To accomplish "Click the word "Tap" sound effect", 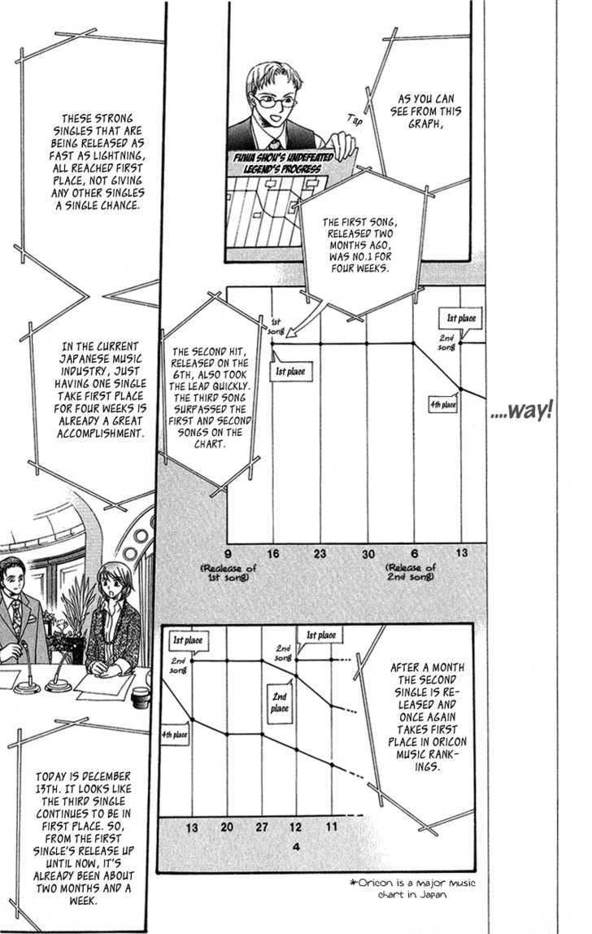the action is (x=355, y=120).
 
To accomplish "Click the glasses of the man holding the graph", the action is (x=275, y=101).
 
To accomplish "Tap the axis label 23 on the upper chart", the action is (x=320, y=553).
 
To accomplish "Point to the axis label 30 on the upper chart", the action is (x=368, y=554).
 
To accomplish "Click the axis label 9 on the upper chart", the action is (x=229, y=553).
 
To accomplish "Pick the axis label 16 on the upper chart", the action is (x=272, y=553).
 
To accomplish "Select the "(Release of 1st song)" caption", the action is (x=229, y=573).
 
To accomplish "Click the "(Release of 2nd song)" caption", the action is (x=411, y=573).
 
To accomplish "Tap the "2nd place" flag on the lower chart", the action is (x=280, y=702).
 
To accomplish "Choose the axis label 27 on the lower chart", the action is (x=262, y=827).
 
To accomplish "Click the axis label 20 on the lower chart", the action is (x=227, y=827).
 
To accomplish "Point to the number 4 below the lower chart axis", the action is (x=297, y=846).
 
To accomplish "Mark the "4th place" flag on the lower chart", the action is (x=175, y=735).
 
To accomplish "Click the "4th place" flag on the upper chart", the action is (x=443, y=405).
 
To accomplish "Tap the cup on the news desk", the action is (x=141, y=697).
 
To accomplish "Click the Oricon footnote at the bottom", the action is (x=413, y=888).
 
